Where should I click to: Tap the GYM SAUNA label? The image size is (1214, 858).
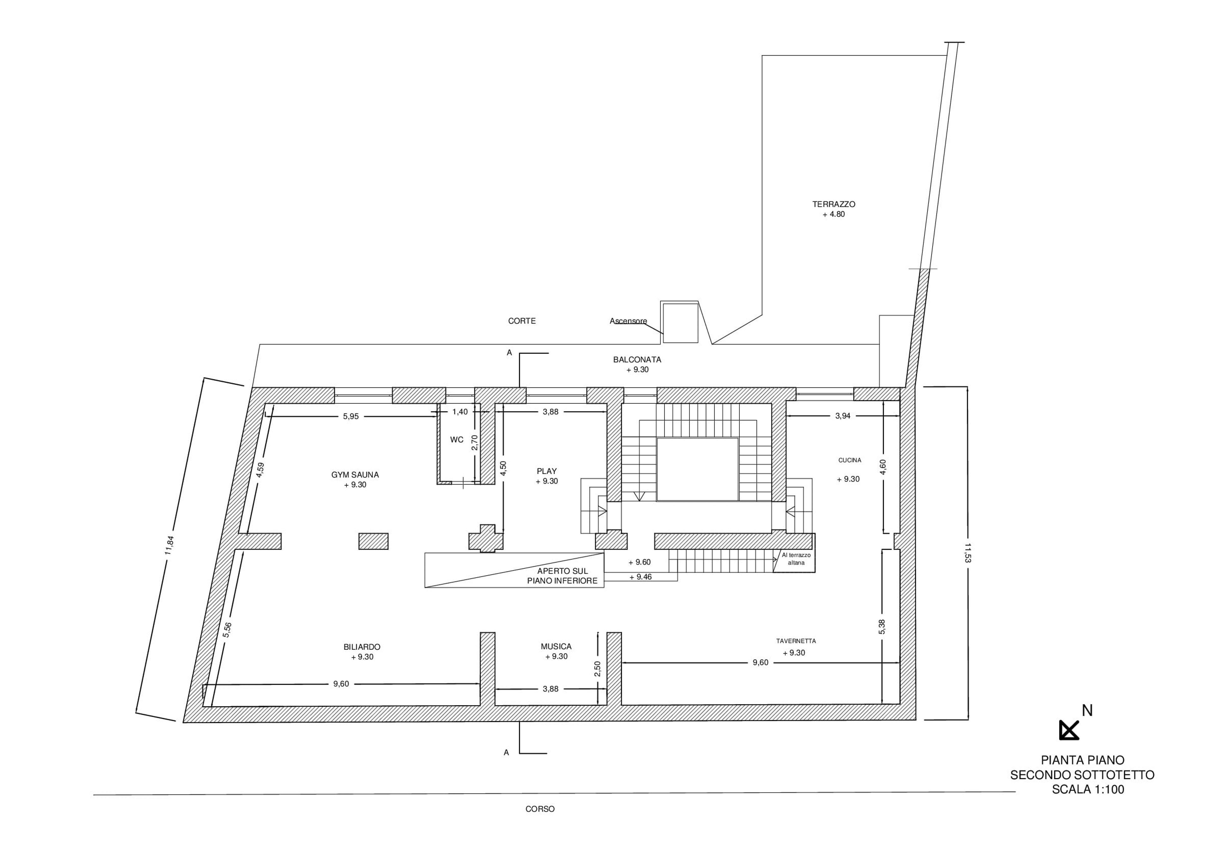point(355,475)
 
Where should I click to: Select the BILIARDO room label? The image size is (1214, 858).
point(362,647)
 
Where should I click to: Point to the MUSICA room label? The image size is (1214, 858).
point(556,646)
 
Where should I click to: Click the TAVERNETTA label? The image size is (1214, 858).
point(796,641)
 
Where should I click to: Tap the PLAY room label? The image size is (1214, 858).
point(547,471)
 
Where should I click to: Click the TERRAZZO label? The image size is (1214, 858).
point(834,204)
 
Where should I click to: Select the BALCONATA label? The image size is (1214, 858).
point(637,360)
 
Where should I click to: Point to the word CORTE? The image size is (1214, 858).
point(522,321)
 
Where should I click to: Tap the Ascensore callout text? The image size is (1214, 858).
point(628,321)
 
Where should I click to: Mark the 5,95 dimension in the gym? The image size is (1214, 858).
point(351,416)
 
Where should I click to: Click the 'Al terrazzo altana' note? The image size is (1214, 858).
point(796,559)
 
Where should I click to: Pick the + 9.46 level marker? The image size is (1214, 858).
point(640,577)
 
